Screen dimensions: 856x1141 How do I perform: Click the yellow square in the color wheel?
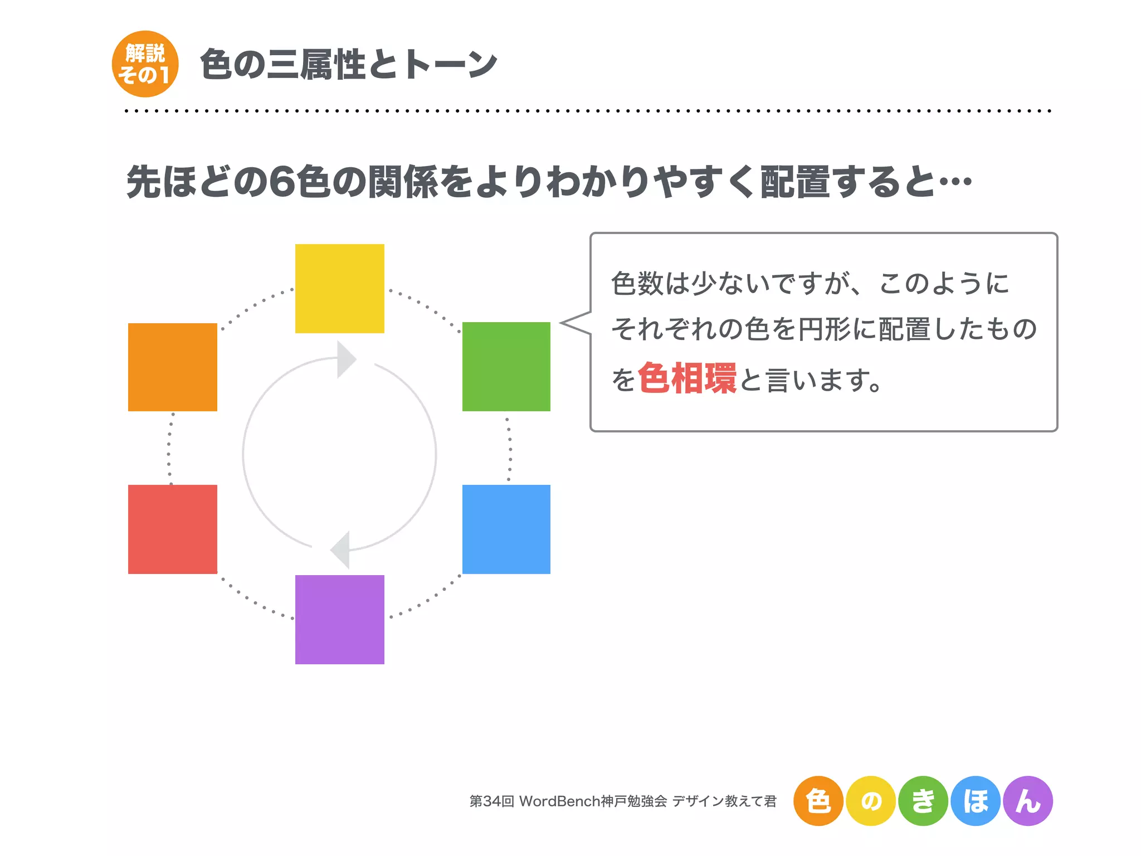tap(339, 288)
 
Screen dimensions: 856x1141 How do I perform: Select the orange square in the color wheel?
tap(172, 367)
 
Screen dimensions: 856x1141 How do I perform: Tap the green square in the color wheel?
tap(506, 366)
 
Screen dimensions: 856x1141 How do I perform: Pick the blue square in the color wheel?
tap(506, 529)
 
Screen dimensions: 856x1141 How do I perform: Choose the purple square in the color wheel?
tap(339, 619)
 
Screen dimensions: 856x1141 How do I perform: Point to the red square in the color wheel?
tap(172, 529)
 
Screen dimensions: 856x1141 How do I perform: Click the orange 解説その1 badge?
tap(145, 64)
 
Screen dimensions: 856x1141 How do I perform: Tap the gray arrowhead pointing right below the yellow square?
tap(345, 359)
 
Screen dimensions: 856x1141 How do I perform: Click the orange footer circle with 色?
tap(818, 801)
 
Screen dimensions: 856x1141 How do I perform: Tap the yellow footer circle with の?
tap(871, 801)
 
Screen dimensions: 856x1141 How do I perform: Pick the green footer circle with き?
tap(923, 801)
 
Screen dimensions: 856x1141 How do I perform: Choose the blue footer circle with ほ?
tap(976, 801)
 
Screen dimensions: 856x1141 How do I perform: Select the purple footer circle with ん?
tap(1028, 801)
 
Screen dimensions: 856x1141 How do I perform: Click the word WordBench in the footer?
tap(559, 801)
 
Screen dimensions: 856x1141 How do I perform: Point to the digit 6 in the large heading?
tap(282, 182)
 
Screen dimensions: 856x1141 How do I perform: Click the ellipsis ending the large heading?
tap(955, 182)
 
